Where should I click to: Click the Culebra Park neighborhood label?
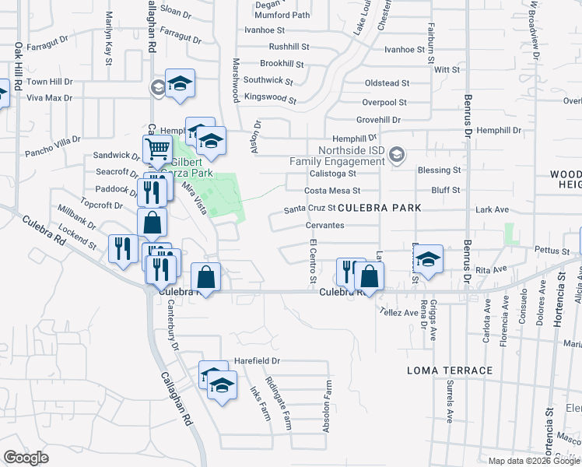tap(380, 208)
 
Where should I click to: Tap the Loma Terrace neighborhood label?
tap(450, 370)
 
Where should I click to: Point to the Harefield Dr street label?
tap(255, 362)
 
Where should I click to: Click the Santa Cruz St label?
tap(309, 209)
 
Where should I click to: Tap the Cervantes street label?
tap(325, 225)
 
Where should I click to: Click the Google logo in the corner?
tap(26, 458)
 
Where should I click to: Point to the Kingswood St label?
tap(270, 100)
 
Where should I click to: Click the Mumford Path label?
tap(282, 15)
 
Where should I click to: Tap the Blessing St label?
tap(439, 170)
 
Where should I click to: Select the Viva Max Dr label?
tap(49, 98)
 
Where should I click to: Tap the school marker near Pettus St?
tap(428, 258)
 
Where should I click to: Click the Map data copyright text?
tap(535, 461)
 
